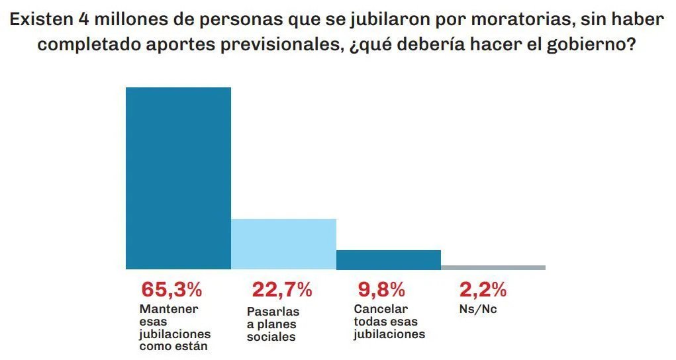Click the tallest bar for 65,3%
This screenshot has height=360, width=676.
click(x=178, y=179)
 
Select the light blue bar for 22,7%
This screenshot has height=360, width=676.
click(x=283, y=244)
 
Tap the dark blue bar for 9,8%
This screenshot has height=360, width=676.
click(x=389, y=260)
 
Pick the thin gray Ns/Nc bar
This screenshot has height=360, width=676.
click(x=493, y=267)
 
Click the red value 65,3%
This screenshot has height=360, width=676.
click(x=171, y=289)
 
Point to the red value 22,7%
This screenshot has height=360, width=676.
click(x=282, y=289)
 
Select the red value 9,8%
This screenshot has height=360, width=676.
click(x=381, y=289)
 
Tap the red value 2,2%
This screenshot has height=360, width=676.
click(x=483, y=289)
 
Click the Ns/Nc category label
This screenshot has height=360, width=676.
click(x=477, y=309)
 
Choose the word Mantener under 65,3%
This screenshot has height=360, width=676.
click(x=169, y=309)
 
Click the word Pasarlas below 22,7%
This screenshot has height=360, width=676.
click(x=273, y=312)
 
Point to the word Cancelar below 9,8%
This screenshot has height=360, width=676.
click(x=381, y=309)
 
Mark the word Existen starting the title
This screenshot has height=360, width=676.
click(x=40, y=19)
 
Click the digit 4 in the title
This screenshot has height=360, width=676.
click(x=83, y=19)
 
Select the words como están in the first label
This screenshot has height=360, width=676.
click(x=173, y=346)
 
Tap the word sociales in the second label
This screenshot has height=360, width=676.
click(x=271, y=337)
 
